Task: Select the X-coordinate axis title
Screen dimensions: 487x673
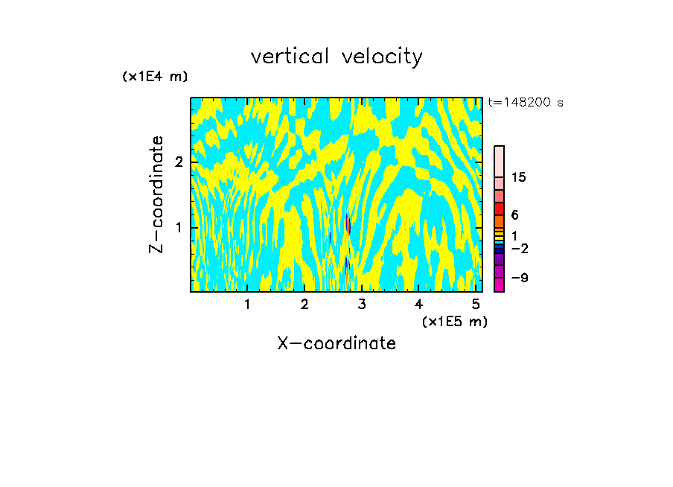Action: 336,343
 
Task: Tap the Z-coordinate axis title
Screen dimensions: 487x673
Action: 156,194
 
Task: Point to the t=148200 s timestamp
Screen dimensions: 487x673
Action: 525,103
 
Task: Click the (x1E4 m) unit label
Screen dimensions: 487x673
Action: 155,77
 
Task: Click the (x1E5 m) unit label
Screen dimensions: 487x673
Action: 455,321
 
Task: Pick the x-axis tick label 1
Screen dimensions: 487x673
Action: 247,304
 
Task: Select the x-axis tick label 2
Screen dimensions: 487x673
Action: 304,304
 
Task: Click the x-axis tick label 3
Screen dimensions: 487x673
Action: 362,304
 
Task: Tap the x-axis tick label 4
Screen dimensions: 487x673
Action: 419,304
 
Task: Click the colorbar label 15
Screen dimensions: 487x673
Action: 520,177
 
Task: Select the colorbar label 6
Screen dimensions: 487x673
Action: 514,214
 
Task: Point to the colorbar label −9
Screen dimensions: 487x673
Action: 520,278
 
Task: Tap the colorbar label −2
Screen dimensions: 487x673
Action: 520,248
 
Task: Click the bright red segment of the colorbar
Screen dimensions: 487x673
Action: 499,209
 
